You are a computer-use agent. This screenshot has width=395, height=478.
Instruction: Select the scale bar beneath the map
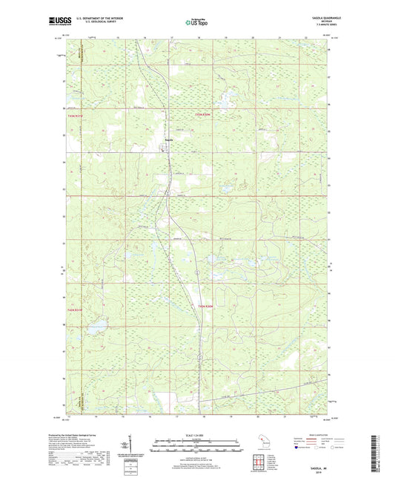coord(196,448)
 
